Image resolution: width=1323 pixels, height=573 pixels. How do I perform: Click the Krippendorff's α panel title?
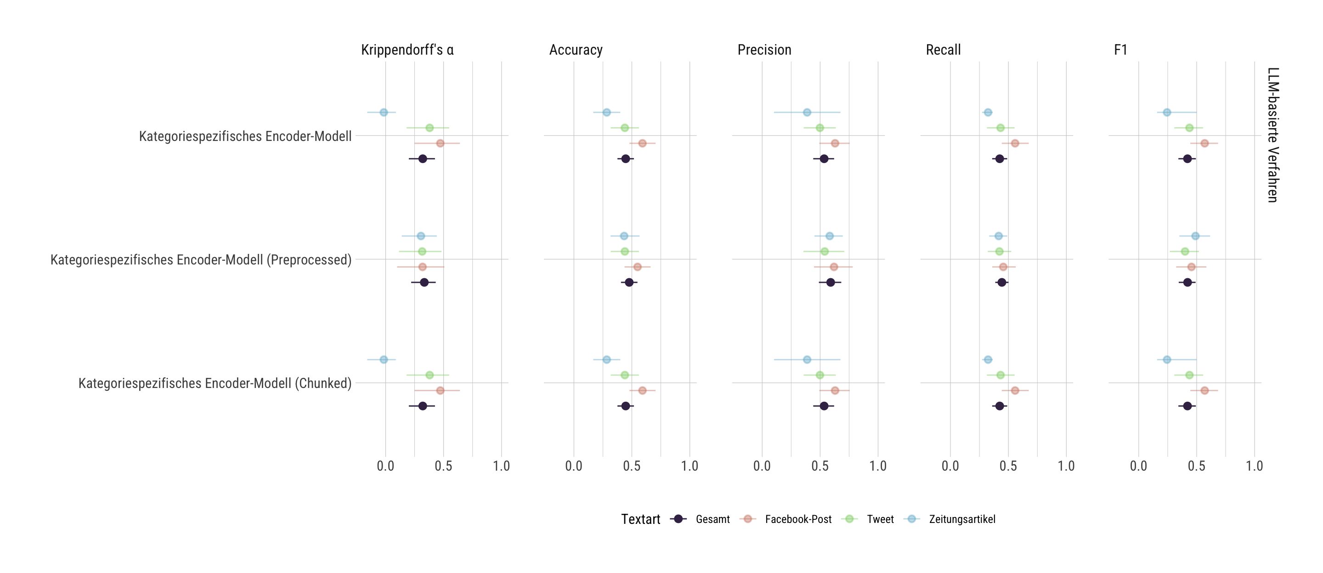(x=407, y=50)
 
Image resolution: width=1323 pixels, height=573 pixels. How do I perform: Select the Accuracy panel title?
(x=576, y=50)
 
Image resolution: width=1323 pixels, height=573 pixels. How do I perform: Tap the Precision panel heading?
(x=764, y=50)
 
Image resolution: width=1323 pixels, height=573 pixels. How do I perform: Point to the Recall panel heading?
(x=943, y=50)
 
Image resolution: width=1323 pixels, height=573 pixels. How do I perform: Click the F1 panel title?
(x=1121, y=50)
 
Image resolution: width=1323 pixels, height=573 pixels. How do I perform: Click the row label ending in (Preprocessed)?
(x=201, y=260)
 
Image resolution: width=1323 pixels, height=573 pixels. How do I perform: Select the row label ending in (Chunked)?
(x=215, y=383)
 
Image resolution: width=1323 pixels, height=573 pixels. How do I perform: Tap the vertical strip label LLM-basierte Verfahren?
(x=1272, y=135)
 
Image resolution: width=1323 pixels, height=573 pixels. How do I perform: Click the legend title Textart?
(x=640, y=519)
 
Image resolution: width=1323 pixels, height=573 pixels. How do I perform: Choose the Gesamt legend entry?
(x=700, y=519)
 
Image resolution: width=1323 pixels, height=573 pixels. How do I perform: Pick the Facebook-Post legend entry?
(x=786, y=519)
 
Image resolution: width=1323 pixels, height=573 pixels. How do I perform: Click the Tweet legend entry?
(x=868, y=519)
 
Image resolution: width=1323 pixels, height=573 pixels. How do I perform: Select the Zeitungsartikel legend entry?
(x=950, y=519)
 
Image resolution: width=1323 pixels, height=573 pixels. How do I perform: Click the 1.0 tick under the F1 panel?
(x=1254, y=466)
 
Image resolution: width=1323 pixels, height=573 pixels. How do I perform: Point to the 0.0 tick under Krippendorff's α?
(x=386, y=466)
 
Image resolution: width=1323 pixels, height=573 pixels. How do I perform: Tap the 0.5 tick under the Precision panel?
(x=820, y=466)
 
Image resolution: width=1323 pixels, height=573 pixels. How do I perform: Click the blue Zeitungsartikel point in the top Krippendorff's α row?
(x=384, y=112)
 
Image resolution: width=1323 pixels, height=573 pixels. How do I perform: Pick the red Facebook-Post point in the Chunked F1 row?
(x=1204, y=391)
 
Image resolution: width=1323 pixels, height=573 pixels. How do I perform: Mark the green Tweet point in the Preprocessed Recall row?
(x=999, y=252)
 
